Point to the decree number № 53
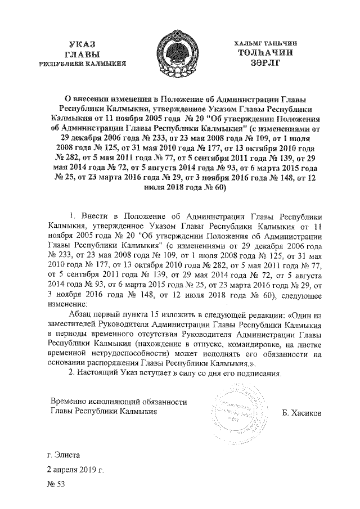point(56,484)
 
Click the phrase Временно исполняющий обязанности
point(119,402)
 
